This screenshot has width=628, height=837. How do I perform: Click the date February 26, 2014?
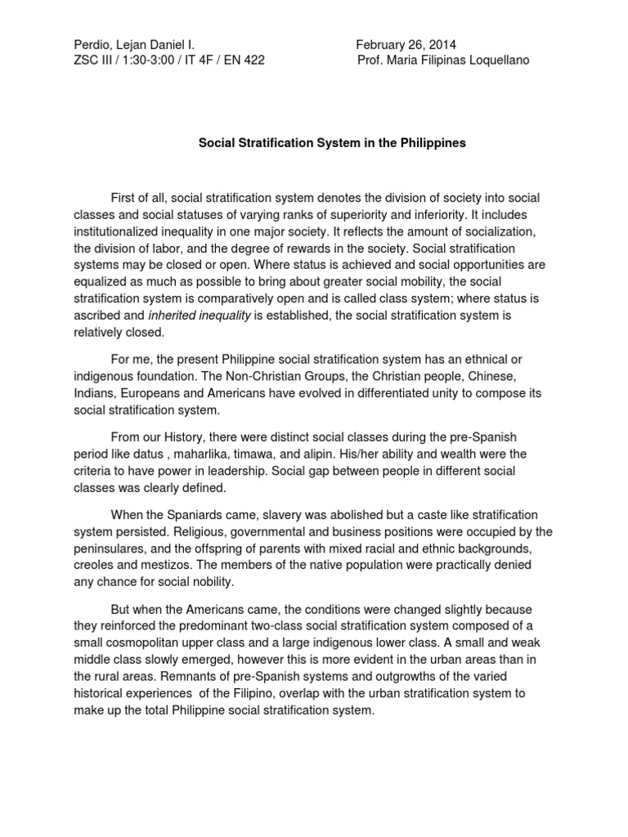click(406, 44)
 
